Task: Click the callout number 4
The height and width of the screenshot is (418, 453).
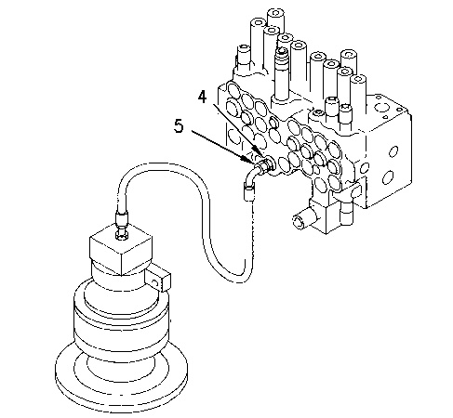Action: point(202,97)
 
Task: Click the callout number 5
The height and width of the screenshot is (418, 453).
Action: point(179,126)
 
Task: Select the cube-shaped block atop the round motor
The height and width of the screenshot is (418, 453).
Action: point(120,249)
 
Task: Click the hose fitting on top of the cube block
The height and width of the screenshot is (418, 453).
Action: point(121,224)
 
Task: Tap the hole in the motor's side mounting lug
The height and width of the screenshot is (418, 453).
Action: point(154,282)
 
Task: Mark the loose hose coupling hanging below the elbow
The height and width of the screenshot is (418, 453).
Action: point(249,191)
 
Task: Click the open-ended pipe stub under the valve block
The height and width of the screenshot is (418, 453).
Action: point(302,220)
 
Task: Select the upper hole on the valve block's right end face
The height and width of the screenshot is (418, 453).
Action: point(393,151)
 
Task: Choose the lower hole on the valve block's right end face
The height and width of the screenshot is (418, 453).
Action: point(388,177)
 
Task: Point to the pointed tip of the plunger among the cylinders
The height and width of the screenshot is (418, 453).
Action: point(282,49)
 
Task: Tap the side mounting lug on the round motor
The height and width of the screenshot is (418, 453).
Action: point(157,280)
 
